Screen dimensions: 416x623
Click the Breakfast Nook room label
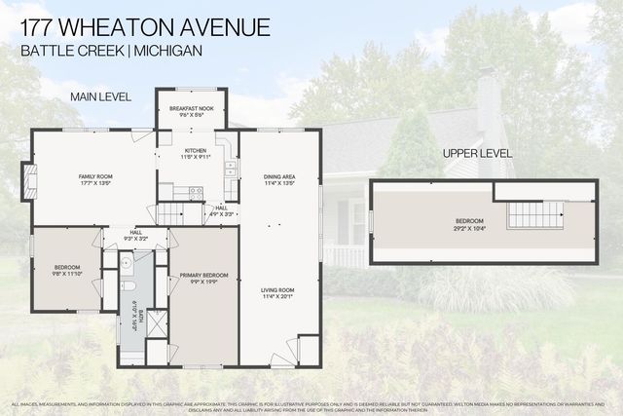pyautogui.click(x=192, y=109)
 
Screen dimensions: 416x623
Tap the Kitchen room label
pyautogui.click(x=192, y=150)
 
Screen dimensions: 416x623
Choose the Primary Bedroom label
pyautogui.click(x=203, y=276)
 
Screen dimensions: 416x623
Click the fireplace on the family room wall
pyautogui.click(x=29, y=180)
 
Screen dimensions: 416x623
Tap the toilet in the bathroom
pyautogui.click(x=128, y=287)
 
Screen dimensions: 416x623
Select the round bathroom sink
pyautogui.click(x=127, y=263)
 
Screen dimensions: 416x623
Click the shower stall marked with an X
pyautogui.click(x=156, y=323)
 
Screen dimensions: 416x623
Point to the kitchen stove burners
pyautogui.click(x=195, y=193)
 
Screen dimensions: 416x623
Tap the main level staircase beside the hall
pyautogui.click(x=173, y=212)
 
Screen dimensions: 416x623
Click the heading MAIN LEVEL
pyautogui.click(x=101, y=96)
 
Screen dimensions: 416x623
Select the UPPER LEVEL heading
pyautogui.click(x=477, y=154)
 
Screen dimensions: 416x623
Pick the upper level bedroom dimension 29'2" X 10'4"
pyautogui.click(x=468, y=228)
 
